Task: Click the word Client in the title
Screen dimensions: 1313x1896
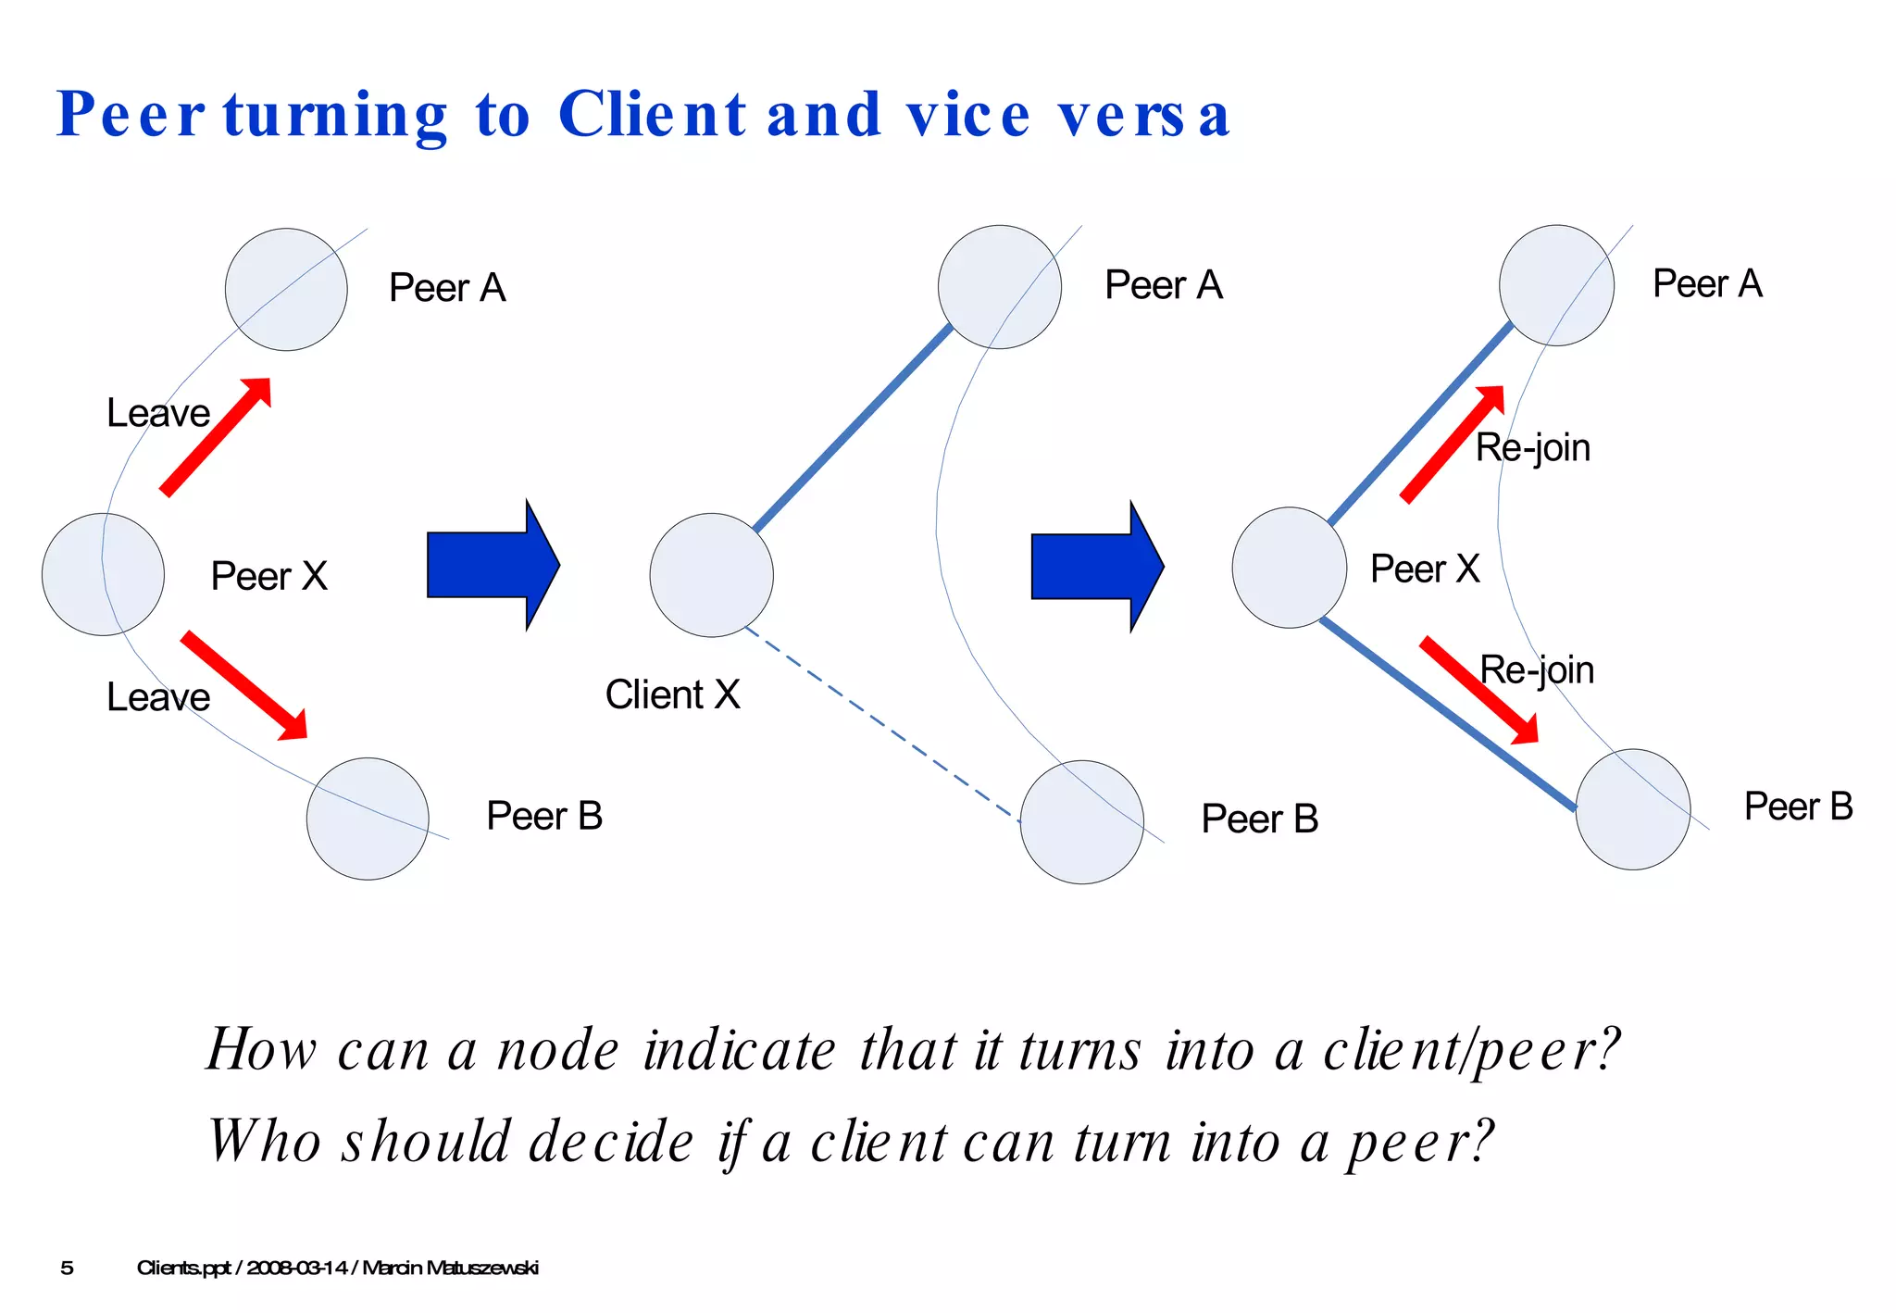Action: (652, 116)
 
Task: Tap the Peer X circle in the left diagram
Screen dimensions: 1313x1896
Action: (103, 575)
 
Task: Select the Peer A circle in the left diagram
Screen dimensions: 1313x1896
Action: (286, 290)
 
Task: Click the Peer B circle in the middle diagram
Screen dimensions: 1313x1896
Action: (1081, 822)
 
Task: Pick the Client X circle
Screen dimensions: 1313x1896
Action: (711, 575)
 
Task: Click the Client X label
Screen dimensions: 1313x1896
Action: (672, 694)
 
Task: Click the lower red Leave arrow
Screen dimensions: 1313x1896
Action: (244, 685)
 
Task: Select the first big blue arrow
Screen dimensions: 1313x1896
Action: (493, 565)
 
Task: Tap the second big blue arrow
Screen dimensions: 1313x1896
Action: (1098, 566)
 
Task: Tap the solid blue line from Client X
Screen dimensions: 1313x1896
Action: (852, 429)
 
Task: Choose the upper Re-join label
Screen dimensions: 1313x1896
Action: (1532, 448)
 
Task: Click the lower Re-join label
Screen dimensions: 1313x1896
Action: (1537, 669)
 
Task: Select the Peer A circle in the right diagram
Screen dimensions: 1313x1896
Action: (1556, 285)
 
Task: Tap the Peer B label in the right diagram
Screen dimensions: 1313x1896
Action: (1798, 807)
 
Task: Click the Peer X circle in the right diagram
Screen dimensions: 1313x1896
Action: (1289, 568)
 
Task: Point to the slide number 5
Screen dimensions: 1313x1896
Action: (67, 1268)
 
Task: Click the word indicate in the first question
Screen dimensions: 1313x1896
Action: (740, 1051)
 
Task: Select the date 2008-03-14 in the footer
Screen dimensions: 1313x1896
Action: (296, 1268)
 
